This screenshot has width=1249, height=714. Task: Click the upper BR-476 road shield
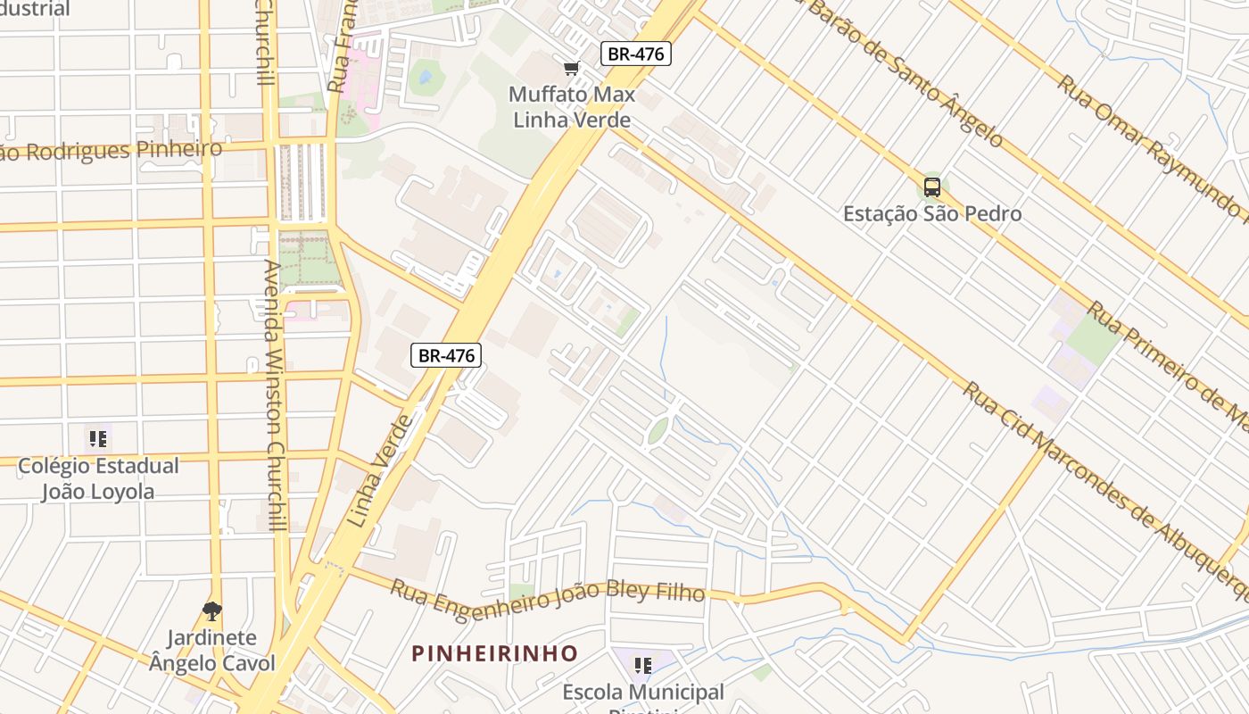coord(635,54)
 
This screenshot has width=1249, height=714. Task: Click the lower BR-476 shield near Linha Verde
coord(446,355)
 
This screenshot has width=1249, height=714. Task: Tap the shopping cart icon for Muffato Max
coord(572,69)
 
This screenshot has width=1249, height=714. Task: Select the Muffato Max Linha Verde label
coord(571,107)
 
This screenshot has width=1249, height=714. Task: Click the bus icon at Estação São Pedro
coord(932,187)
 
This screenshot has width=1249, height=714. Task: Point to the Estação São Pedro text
coord(932,214)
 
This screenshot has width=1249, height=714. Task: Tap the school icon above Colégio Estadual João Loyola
coord(97,438)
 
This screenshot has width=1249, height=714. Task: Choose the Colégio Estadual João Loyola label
coord(98,478)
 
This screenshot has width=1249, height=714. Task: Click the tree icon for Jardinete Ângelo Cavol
coord(211,611)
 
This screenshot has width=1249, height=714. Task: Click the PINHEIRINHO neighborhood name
coord(494,653)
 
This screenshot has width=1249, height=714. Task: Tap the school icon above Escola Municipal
coord(642,665)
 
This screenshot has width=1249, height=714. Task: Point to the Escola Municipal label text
coord(642,693)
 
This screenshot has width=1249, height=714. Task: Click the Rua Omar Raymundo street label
coord(1151,147)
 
